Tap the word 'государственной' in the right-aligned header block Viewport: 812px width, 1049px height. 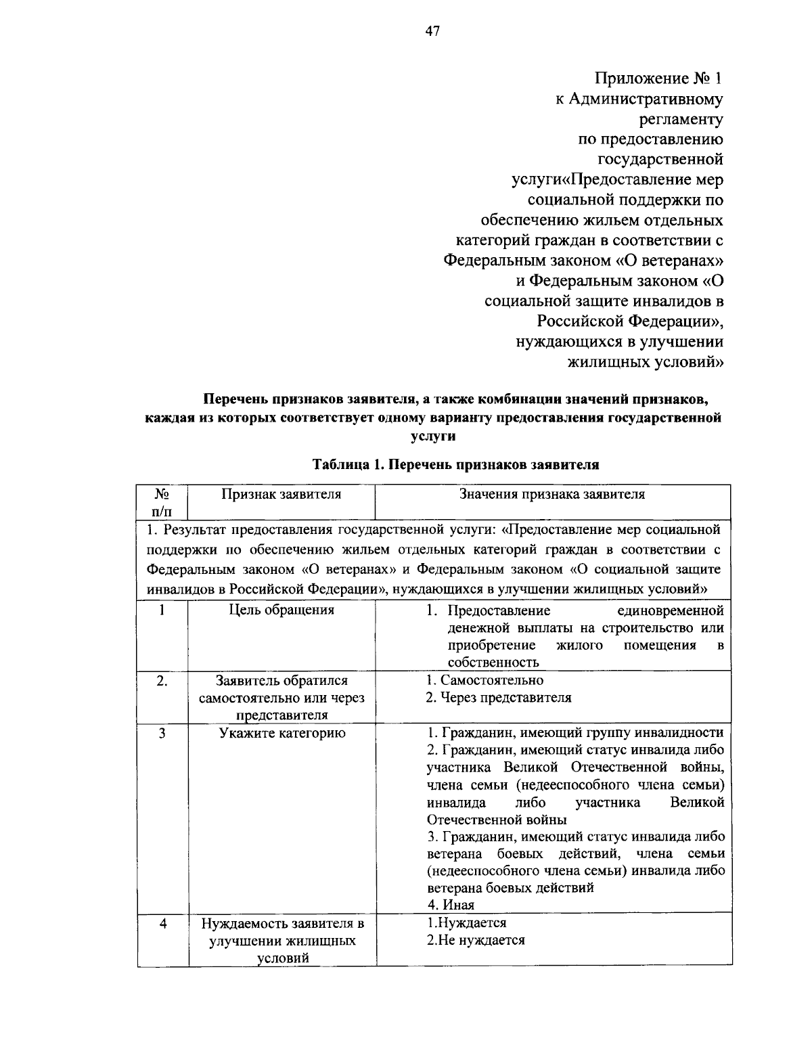click(660, 160)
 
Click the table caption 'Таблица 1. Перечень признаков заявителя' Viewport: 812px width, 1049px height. click(455, 465)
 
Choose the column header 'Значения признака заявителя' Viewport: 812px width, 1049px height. click(552, 494)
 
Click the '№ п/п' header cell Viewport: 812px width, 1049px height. click(162, 501)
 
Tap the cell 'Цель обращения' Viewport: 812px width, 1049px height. click(281, 610)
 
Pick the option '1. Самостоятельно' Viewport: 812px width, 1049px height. click(484, 680)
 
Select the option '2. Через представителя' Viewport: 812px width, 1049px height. click(499, 698)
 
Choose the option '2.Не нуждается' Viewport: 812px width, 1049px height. click(476, 940)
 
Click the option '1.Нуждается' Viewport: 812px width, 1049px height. click(467, 922)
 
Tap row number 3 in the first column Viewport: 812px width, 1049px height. click(162, 733)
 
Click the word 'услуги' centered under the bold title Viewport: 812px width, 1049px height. click(433, 437)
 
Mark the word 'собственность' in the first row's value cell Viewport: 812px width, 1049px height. click(493, 663)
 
